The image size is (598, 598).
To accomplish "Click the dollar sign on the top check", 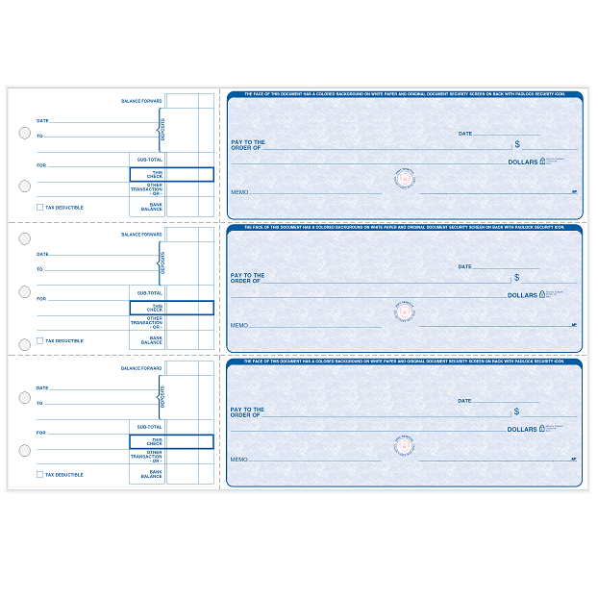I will click(x=517, y=144).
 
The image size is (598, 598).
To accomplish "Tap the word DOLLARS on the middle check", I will click(x=522, y=295).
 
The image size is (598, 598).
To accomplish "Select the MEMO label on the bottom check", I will click(x=238, y=460).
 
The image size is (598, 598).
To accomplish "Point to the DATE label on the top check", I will click(x=464, y=134).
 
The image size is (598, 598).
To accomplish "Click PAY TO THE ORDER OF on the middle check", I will click(x=247, y=278).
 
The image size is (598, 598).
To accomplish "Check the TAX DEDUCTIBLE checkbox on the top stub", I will click(x=39, y=207).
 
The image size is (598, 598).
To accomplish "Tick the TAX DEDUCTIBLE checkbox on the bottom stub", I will click(x=39, y=474).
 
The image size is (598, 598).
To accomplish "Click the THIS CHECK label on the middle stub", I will click(x=154, y=308).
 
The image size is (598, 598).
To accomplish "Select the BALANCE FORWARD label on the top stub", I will click(x=141, y=101).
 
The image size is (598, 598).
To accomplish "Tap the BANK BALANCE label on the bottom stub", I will click(x=152, y=474).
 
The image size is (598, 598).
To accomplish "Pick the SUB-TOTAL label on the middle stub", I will click(x=150, y=292).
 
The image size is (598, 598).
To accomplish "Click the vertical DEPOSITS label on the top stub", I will click(x=162, y=129).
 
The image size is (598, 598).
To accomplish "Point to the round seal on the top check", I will click(x=405, y=179).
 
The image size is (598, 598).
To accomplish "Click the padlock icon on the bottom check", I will click(x=542, y=428).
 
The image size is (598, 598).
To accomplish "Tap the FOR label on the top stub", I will click(x=41, y=165).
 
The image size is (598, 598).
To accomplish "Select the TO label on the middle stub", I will click(x=39, y=269).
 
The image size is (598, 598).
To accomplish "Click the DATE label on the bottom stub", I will click(x=42, y=387).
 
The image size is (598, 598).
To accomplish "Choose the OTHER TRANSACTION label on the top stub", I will click(x=148, y=188).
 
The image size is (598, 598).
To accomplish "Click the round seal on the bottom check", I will click(x=405, y=445).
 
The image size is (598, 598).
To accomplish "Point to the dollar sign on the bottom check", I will click(x=517, y=411).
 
